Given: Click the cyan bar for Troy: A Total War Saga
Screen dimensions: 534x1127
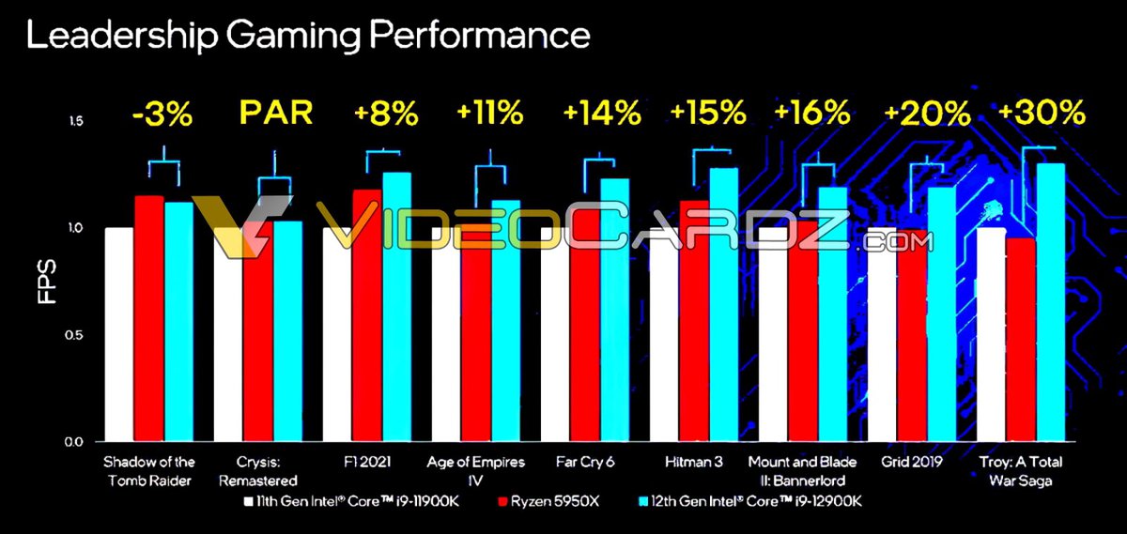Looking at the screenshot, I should (1050, 301).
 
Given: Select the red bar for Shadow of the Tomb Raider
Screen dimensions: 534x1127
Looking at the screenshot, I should (149, 318).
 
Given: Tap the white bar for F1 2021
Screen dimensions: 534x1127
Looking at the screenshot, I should (337, 334).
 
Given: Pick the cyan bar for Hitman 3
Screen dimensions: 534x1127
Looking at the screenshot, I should (723, 304).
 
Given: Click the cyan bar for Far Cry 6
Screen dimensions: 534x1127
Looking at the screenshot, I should (615, 310).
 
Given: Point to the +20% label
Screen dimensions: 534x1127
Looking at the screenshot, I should (927, 114).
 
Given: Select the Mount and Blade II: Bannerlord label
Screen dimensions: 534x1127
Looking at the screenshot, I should (803, 469).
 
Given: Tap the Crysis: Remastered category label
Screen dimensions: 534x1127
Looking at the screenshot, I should (257, 469).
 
